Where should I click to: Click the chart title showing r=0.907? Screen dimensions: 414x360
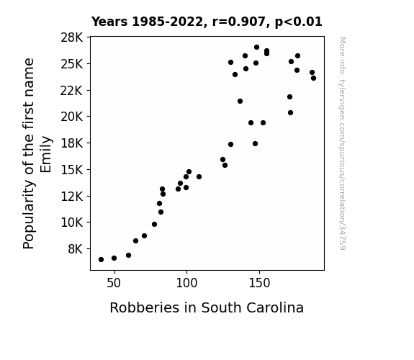point(207,22)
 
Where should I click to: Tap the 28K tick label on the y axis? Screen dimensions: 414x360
point(72,37)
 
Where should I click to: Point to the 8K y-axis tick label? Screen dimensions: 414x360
point(76,249)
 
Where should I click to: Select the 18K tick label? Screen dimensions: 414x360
point(72,143)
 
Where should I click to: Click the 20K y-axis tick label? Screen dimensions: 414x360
point(72,117)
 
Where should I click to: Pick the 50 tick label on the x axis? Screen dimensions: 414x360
point(114,283)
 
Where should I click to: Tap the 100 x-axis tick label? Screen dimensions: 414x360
point(186,283)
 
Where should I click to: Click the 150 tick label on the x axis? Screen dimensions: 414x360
point(259,283)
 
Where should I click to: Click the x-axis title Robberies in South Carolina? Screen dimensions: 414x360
point(207,307)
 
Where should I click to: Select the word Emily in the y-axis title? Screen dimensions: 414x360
point(46,155)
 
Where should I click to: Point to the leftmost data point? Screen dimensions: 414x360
point(101,260)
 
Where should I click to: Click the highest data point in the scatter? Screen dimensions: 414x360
point(256,48)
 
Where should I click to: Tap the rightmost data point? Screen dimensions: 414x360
point(313,78)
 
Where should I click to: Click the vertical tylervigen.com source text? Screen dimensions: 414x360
point(342,143)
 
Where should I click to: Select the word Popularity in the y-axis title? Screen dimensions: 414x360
point(29,215)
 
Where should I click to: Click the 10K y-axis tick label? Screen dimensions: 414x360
point(72,222)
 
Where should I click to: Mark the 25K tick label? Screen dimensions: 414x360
point(72,64)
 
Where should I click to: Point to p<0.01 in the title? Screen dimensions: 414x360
point(299,22)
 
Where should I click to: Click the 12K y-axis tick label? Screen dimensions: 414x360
point(72,197)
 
